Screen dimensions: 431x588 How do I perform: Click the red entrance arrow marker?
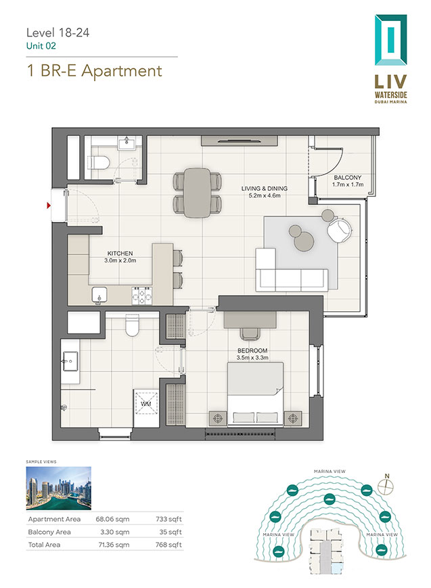point(49,205)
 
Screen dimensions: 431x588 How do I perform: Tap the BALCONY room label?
point(347,177)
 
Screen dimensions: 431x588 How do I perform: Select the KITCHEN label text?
point(120,254)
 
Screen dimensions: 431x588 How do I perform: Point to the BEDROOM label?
point(252,350)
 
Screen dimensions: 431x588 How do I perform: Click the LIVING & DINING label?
point(265,188)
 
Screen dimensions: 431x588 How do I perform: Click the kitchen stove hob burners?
point(142,296)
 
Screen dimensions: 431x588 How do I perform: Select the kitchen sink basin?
point(99,295)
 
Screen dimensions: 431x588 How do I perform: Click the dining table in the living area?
point(198,193)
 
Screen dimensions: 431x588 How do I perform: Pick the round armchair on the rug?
point(340,230)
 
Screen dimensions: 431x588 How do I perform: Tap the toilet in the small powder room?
point(99,163)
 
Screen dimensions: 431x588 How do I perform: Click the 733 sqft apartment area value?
point(168,520)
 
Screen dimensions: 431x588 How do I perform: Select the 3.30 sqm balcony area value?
point(115,532)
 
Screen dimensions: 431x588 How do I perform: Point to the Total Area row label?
point(44,545)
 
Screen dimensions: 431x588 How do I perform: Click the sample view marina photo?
point(58,489)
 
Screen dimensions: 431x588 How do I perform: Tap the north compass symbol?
point(386,487)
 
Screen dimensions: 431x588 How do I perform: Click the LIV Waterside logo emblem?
point(391,40)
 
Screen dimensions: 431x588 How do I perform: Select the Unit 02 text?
point(41,46)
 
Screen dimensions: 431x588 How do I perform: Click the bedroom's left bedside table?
point(218,418)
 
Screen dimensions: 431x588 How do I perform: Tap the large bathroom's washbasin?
point(70,361)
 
